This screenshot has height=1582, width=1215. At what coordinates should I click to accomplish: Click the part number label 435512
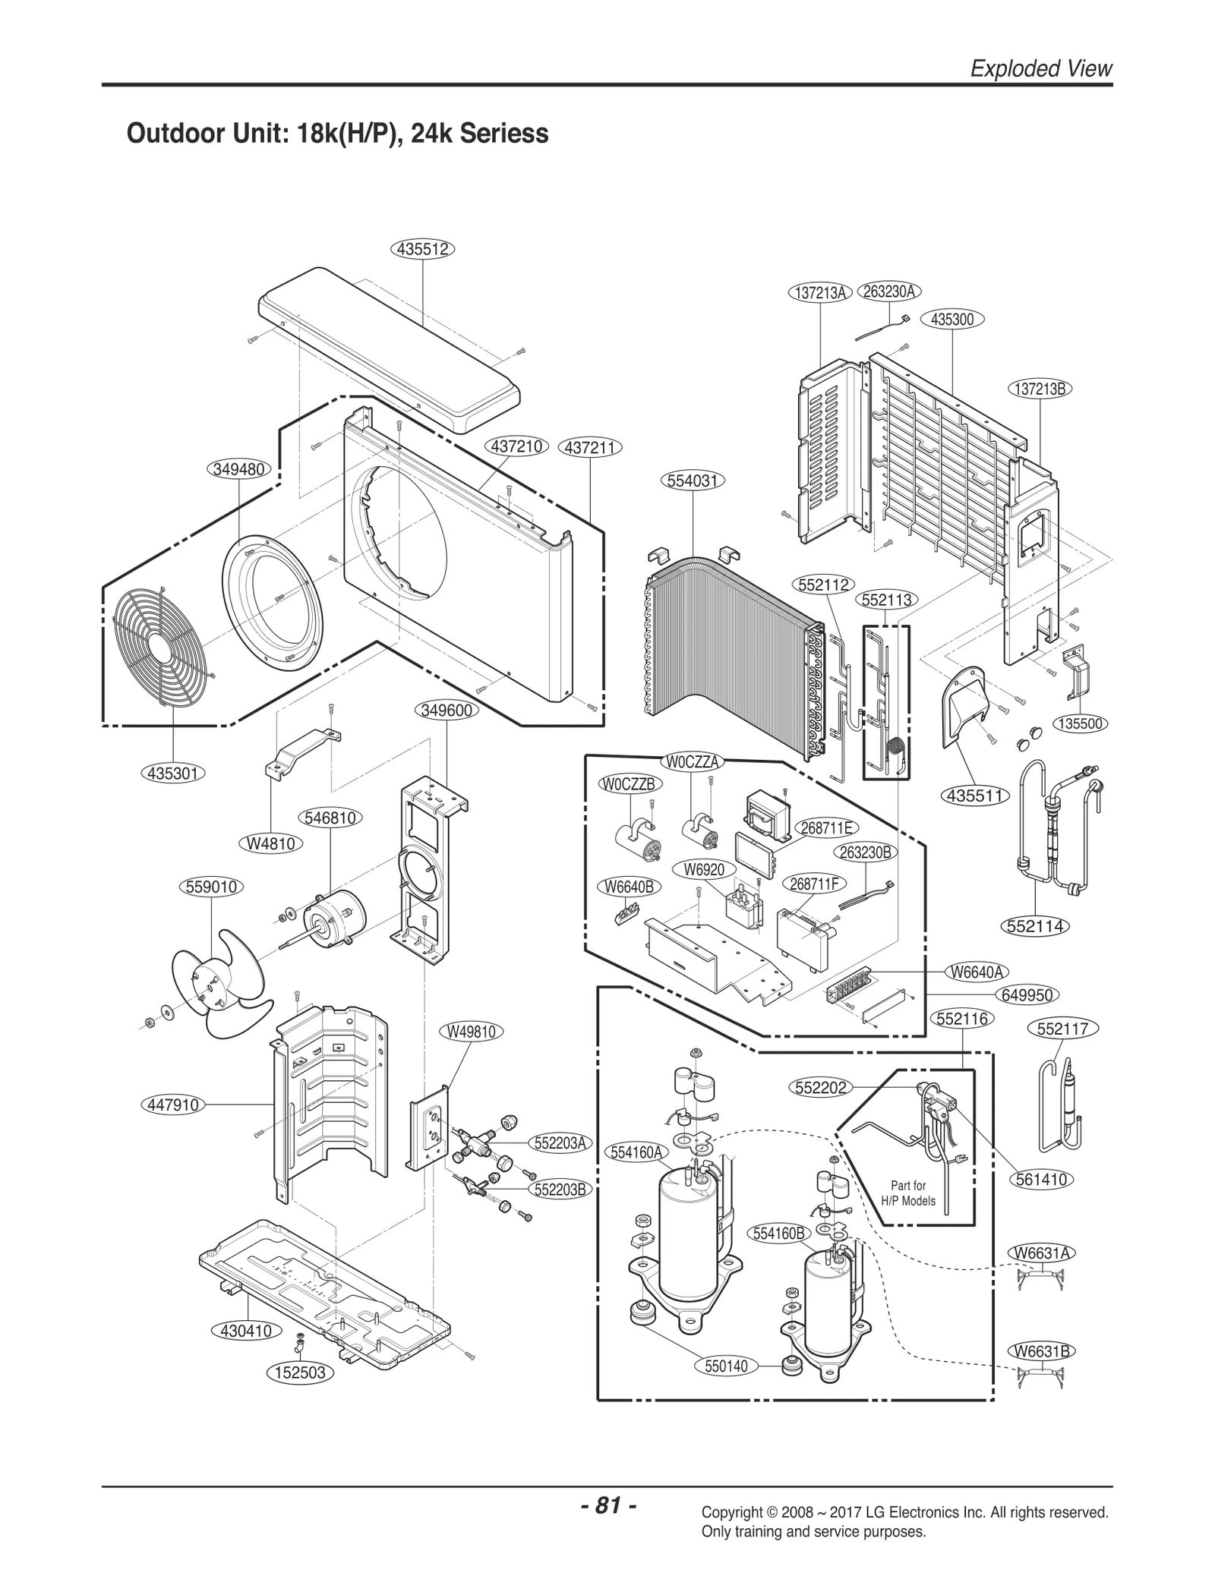point(423,248)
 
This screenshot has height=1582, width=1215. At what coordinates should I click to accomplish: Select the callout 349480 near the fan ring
point(238,469)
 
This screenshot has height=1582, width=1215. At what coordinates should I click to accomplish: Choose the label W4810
point(271,843)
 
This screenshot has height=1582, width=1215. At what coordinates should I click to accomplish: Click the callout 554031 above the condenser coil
point(693,481)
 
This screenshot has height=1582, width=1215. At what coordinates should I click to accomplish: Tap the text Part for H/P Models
point(908,1193)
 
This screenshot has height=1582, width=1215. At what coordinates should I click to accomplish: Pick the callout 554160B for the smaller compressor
point(778,1234)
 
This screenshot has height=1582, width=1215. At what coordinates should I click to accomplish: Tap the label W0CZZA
point(692,762)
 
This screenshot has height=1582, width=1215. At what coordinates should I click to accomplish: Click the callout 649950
point(1025,995)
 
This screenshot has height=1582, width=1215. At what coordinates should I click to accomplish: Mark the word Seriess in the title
point(506,133)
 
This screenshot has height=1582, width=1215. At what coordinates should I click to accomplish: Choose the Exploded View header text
point(1041,68)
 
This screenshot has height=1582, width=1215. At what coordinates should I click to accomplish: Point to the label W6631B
point(1042,1351)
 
